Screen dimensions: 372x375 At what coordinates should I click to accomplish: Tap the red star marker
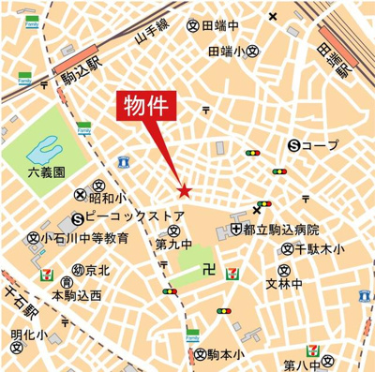pos(184,191)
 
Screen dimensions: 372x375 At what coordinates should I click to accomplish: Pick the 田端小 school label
pos(232,51)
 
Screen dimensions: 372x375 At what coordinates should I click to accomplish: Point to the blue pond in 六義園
pos(47,148)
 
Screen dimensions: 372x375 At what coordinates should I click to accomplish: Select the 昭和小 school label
pos(107,198)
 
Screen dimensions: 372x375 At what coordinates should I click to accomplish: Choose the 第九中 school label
pos(173,246)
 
